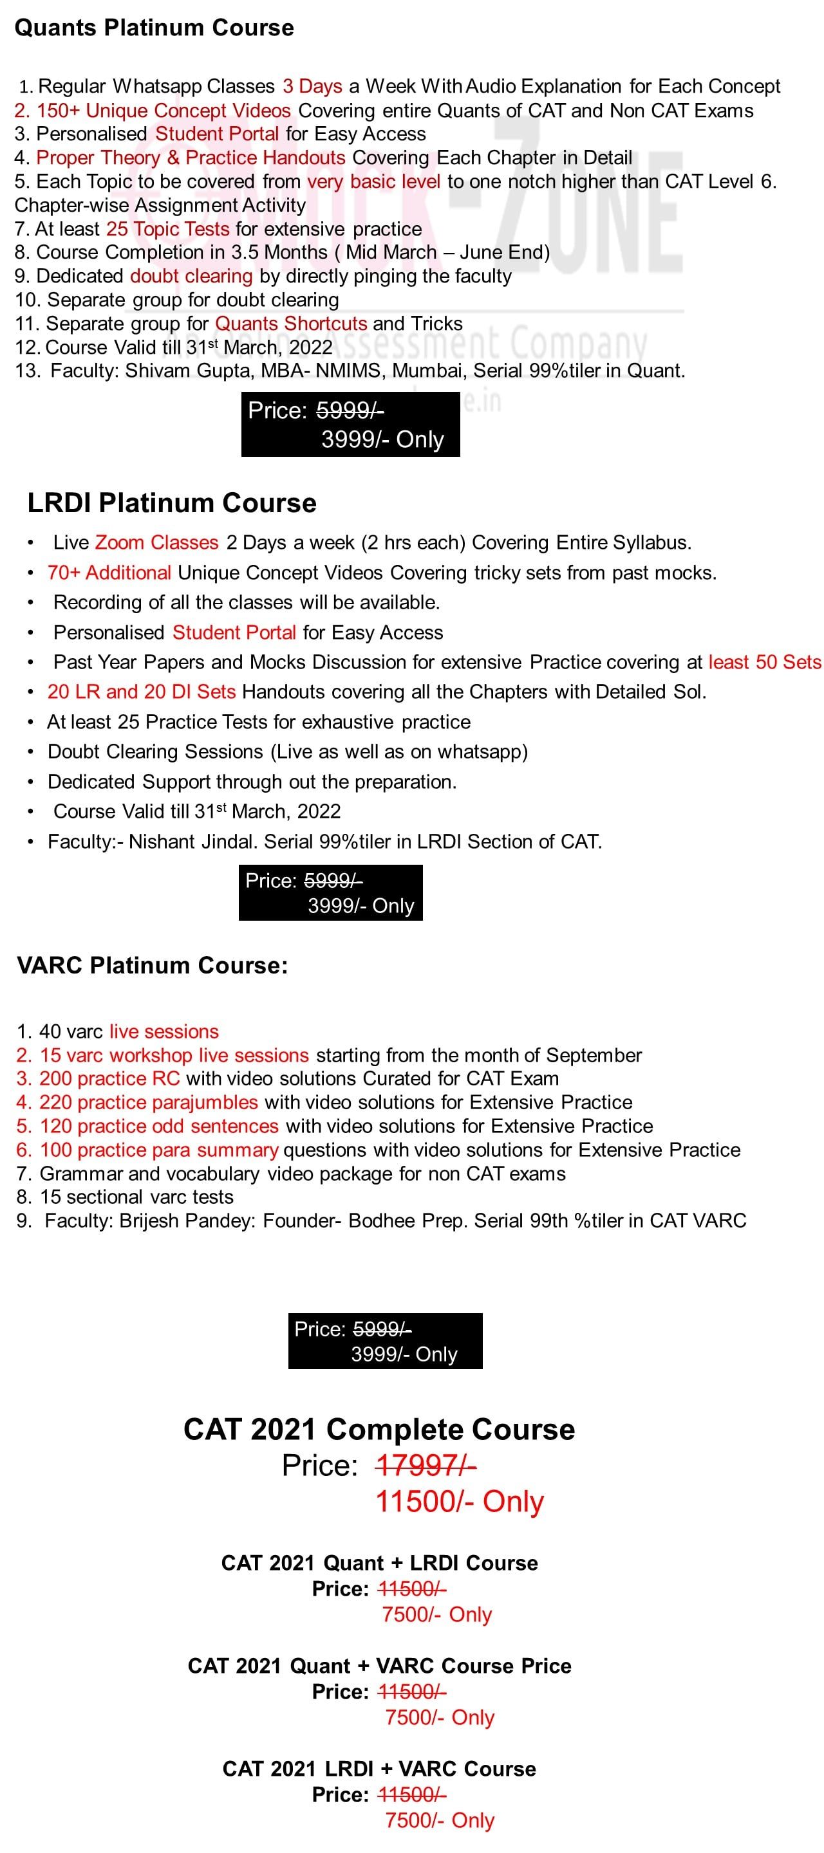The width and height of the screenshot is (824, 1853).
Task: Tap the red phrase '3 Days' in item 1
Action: tap(312, 86)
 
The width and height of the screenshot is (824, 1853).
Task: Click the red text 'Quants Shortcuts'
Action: tap(291, 324)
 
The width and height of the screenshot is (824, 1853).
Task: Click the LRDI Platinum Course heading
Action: tap(171, 502)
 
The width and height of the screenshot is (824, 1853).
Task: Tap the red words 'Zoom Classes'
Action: tap(156, 542)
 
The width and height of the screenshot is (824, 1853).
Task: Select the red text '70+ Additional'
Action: tap(109, 573)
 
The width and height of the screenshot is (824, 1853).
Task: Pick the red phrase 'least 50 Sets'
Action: tap(764, 662)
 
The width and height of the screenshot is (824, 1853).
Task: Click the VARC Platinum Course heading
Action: tap(152, 965)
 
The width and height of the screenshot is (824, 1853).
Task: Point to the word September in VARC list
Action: tap(593, 1055)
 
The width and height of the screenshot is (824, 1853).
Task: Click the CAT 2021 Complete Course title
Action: tap(379, 1429)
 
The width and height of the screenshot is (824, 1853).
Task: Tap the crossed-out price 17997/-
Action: tap(425, 1464)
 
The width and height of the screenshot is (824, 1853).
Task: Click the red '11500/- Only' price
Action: tap(459, 1501)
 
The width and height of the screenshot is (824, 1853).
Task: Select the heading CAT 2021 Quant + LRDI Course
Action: tap(379, 1563)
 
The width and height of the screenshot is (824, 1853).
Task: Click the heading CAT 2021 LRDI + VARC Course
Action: tap(379, 1769)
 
